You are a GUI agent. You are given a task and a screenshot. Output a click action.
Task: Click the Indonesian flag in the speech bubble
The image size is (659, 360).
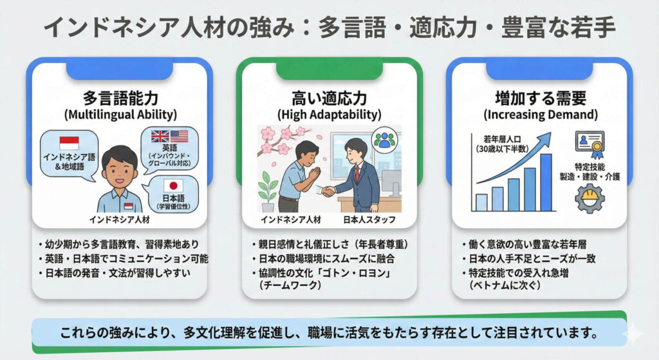[69, 142]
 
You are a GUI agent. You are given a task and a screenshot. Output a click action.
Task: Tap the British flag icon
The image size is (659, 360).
[160, 137]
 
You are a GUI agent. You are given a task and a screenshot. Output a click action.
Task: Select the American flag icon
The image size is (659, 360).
[179, 137]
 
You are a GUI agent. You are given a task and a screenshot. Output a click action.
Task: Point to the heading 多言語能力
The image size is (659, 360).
[120, 99]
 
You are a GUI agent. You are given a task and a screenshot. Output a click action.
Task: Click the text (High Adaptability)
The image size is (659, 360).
[329, 115]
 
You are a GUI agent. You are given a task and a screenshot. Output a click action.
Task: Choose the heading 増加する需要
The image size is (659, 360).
[541, 99]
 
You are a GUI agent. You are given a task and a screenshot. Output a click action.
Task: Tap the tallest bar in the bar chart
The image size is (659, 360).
[546, 182]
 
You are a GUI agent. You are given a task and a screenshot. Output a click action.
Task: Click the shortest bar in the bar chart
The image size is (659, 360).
[481, 202]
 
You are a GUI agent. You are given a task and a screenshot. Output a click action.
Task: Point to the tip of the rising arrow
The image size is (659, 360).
[550, 134]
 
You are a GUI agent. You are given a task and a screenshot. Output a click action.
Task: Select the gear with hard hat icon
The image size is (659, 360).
[589, 198]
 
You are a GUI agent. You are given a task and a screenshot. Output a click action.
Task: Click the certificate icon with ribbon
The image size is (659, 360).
[589, 143]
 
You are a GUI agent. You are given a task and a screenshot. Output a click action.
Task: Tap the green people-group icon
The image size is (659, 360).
[384, 139]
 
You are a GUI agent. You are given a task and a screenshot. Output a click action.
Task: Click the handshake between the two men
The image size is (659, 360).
[328, 191]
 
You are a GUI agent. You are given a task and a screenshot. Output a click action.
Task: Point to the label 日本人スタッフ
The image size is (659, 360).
[369, 220]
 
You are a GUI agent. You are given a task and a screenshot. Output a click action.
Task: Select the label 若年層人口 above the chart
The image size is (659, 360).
[502, 139]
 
